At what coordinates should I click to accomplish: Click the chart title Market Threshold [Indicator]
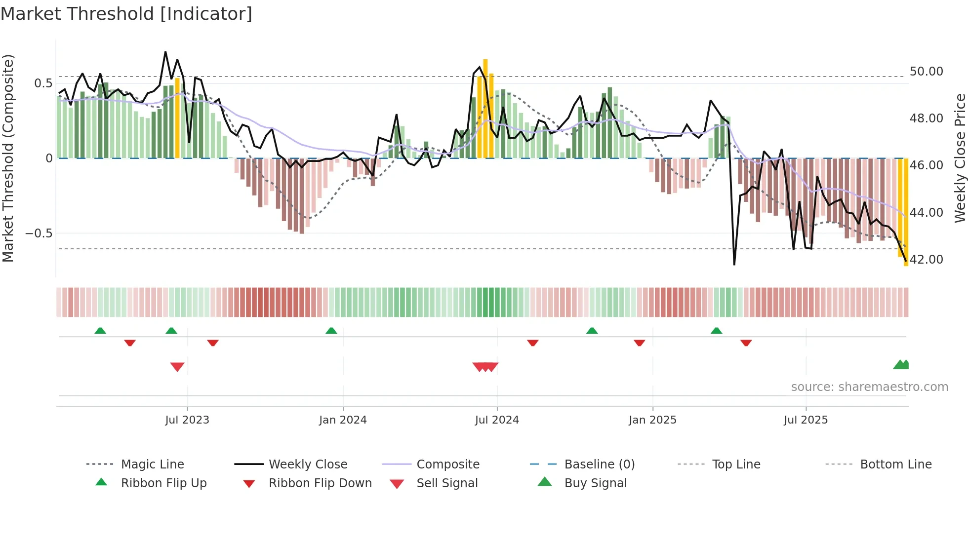click(x=126, y=14)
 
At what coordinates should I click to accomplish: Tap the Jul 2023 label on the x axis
click(x=187, y=420)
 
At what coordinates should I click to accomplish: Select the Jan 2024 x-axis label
click(x=343, y=420)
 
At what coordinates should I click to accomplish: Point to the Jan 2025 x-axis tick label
click(x=652, y=420)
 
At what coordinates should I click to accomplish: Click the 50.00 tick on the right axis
click(x=926, y=72)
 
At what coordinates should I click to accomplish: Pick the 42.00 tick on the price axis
click(x=926, y=260)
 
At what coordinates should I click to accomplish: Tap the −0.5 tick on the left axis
click(x=39, y=233)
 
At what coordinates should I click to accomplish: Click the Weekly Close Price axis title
click(x=960, y=158)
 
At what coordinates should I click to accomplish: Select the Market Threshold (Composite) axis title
click(x=8, y=158)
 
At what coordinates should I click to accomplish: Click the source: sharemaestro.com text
click(x=869, y=387)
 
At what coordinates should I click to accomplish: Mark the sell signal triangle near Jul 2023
click(x=177, y=367)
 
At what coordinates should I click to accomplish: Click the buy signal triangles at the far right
click(x=901, y=365)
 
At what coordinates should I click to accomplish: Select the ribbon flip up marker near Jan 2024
click(x=331, y=330)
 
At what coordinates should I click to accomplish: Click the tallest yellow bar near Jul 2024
click(x=485, y=109)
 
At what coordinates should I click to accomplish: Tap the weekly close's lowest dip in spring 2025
click(x=734, y=264)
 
